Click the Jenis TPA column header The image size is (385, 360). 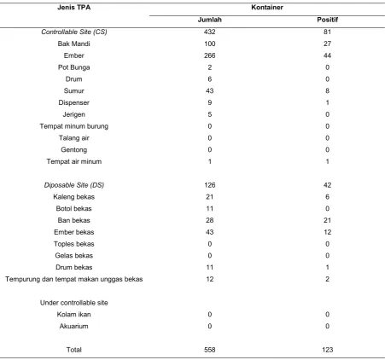point(74,8)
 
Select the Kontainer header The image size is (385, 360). point(267,8)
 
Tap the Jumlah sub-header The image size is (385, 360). point(210,20)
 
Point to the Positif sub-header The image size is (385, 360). point(328,20)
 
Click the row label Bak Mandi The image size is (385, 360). point(74,44)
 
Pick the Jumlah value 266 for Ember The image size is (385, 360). point(210,55)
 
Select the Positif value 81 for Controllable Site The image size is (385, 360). point(327,32)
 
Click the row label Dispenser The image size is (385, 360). point(74,102)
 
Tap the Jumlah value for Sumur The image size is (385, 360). point(210,90)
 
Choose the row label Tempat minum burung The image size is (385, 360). point(74,126)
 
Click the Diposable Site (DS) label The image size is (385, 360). point(74,185)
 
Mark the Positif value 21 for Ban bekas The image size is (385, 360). point(327,220)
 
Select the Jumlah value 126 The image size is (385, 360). point(210,185)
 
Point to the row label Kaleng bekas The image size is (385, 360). point(74,197)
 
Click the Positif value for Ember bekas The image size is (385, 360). point(327,232)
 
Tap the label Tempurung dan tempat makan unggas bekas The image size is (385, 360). point(74,279)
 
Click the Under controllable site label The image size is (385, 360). point(74,303)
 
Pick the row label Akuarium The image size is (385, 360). point(74,326)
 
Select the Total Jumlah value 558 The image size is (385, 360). point(210,350)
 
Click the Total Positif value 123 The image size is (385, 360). point(327,350)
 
